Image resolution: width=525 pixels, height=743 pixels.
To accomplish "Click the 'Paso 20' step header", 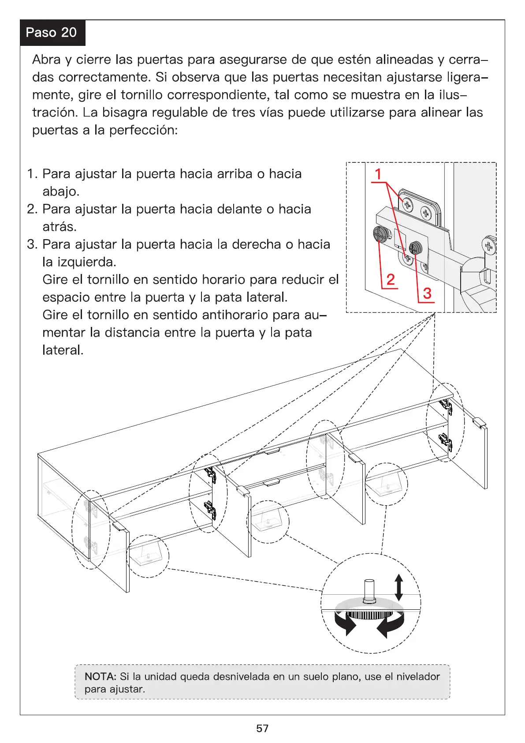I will pyautogui.click(x=51, y=33).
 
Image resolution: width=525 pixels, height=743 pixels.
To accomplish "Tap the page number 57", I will pyautogui.click(x=262, y=728).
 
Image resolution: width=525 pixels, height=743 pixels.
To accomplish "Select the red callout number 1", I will pyautogui.click(x=378, y=174).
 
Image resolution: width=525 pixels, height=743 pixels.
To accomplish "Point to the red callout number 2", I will pyautogui.click(x=390, y=279).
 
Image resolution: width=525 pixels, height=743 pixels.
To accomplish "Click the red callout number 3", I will pyautogui.click(x=427, y=293).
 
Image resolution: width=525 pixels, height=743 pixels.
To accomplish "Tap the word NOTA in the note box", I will pyautogui.click(x=100, y=677).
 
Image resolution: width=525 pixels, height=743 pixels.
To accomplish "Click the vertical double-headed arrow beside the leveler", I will pyautogui.click(x=398, y=587).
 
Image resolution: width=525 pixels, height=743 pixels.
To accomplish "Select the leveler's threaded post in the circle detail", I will pyautogui.click(x=368, y=590).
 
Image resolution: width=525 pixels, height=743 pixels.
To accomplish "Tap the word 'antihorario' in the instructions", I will pyautogui.click(x=235, y=315).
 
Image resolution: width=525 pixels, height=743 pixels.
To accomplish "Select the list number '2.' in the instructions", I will pyautogui.click(x=32, y=209).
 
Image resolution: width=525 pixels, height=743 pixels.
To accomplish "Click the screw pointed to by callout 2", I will pyautogui.click(x=380, y=233).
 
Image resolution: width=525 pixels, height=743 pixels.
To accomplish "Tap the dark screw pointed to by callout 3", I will pyautogui.click(x=415, y=248).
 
